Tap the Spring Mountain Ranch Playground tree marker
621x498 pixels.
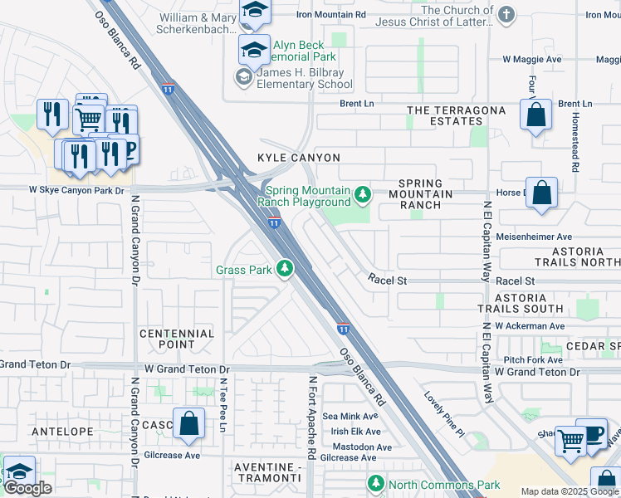362,195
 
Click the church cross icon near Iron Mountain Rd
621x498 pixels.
505,16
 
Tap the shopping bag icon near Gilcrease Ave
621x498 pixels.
189,423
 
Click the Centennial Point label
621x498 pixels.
177,339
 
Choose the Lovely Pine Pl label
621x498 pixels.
444,414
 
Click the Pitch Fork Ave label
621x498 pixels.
533,359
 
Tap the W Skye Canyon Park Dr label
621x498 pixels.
76,190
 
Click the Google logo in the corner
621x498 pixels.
27,488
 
